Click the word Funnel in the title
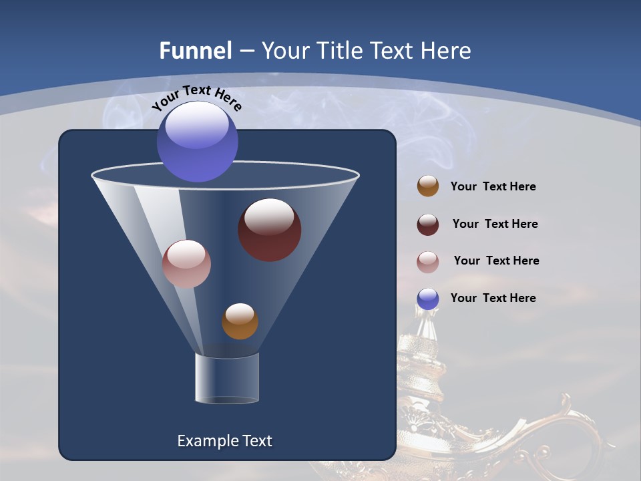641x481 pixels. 195,51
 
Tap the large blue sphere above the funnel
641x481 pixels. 197,142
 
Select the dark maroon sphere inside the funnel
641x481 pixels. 269,229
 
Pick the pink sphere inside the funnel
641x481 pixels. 186,264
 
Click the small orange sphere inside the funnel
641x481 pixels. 240,321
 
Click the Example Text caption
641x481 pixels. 224,441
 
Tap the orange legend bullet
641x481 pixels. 428,186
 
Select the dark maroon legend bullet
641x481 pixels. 428,224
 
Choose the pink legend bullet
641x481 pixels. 428,262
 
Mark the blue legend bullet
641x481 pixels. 428,299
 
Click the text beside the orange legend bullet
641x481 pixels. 493,187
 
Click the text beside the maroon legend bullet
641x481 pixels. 495,224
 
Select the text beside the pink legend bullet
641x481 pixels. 496,261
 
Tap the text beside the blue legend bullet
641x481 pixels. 493,298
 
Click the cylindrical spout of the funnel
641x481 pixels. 227,378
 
